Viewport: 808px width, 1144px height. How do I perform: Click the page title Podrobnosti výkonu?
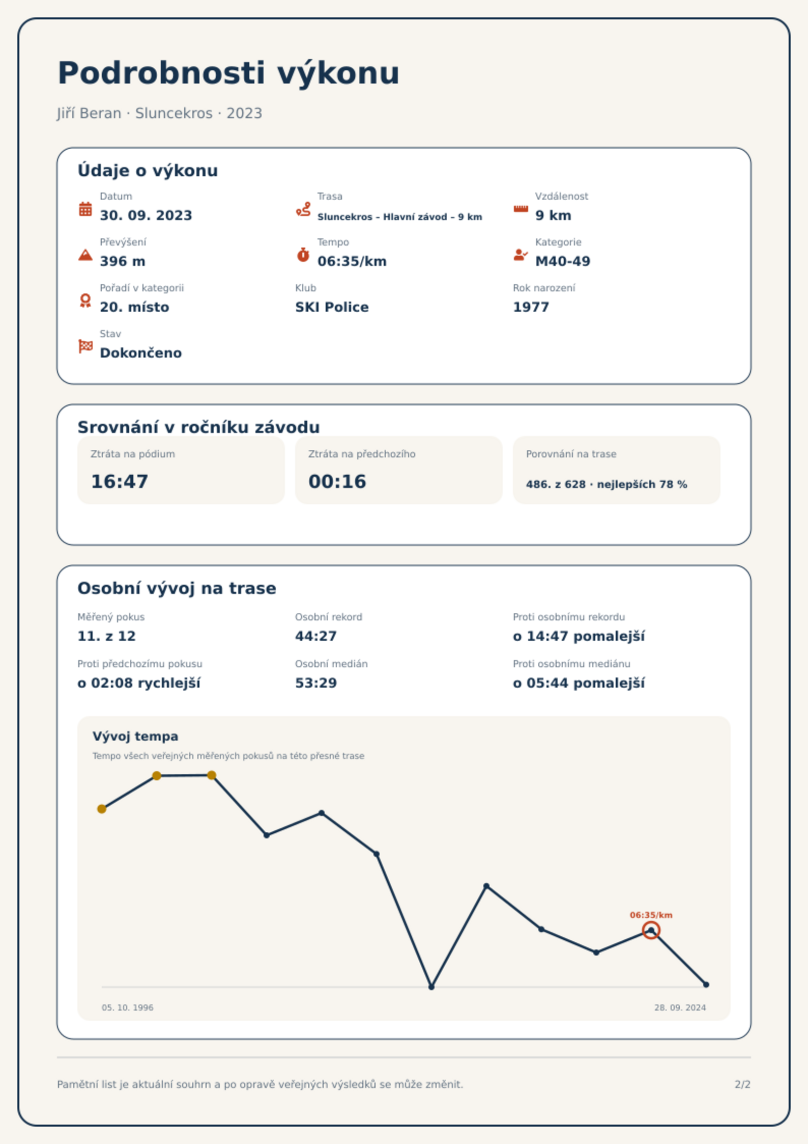click(x=228, y=73)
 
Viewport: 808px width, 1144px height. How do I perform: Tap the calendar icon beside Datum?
click(x=85, y=209)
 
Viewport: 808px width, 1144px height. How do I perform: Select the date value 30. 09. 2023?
click(x=146, y=215)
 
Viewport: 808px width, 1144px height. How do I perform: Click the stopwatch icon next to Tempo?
click(x=303, y=255)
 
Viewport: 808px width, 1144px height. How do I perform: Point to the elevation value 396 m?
click(x=123, y=261)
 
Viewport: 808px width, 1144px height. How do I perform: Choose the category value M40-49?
click(x=563, y=261)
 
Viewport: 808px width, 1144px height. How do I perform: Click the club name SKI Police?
click(x=332, y=307)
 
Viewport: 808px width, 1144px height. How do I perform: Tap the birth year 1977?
click(x=531, y=307)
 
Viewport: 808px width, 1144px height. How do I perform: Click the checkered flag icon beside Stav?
click(x=85, y=346)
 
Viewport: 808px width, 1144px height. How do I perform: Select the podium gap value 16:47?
click(x=120, y=481)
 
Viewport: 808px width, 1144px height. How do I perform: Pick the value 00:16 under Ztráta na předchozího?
click(x=337, y=481)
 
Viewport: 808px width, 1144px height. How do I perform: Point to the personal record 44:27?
click(x=316, y=636)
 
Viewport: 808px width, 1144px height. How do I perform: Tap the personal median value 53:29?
click(x=316, y=683)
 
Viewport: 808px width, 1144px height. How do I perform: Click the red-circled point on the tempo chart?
click(x=651, y=931)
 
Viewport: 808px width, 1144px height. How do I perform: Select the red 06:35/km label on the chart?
click(x=651, y=915)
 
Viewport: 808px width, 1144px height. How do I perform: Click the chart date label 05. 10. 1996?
click(x=127, y=1007)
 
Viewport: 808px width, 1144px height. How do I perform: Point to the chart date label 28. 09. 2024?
click(x=680, y=1007)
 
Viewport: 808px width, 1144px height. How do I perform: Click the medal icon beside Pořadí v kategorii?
click(x=85, y=301)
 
